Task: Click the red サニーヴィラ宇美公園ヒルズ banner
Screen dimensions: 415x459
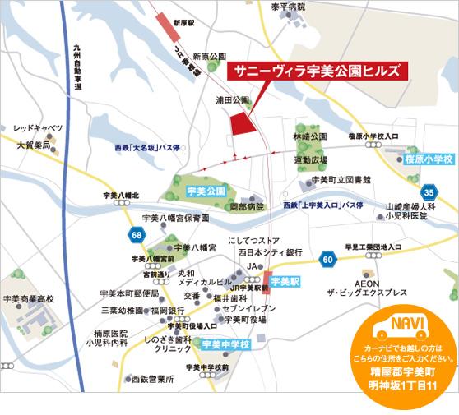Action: pos(316,71)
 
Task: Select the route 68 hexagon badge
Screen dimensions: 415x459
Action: pos(135,236)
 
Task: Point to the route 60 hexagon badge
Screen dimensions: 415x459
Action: pos(328,261)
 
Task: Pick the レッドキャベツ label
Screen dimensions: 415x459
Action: pos(38,129)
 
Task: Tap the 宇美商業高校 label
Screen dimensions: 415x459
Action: pos(29,300)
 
